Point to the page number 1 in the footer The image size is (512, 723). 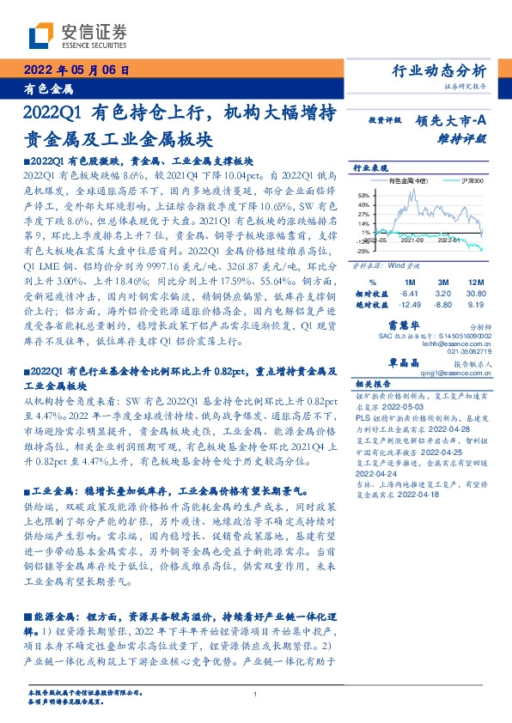pyautogui.click(x=256, y=695)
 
